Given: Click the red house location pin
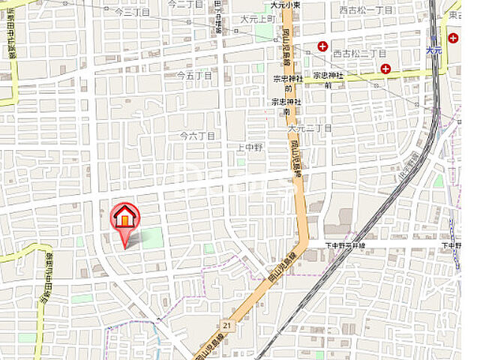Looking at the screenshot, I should coord(124,218).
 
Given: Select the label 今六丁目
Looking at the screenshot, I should coord(198,136).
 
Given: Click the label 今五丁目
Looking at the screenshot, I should coord(195,76).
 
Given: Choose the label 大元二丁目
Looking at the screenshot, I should coord(316,129).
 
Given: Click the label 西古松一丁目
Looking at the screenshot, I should coord(365,10).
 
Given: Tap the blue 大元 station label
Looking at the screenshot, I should coord(434,50).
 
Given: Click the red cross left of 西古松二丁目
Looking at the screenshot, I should coord(322,46).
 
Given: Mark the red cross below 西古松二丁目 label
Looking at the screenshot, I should coord(385,69).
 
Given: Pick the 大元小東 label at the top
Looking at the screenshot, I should coord(286,4).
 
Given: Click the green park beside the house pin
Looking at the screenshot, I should coord(151,238).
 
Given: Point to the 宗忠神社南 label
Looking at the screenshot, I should coord(286,105).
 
